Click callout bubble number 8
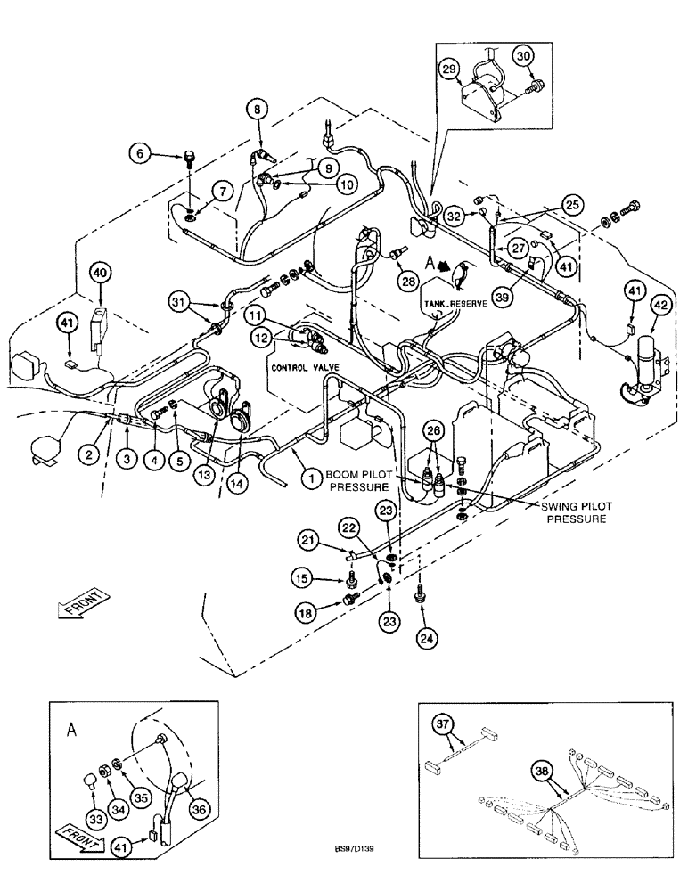pos(257,110)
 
